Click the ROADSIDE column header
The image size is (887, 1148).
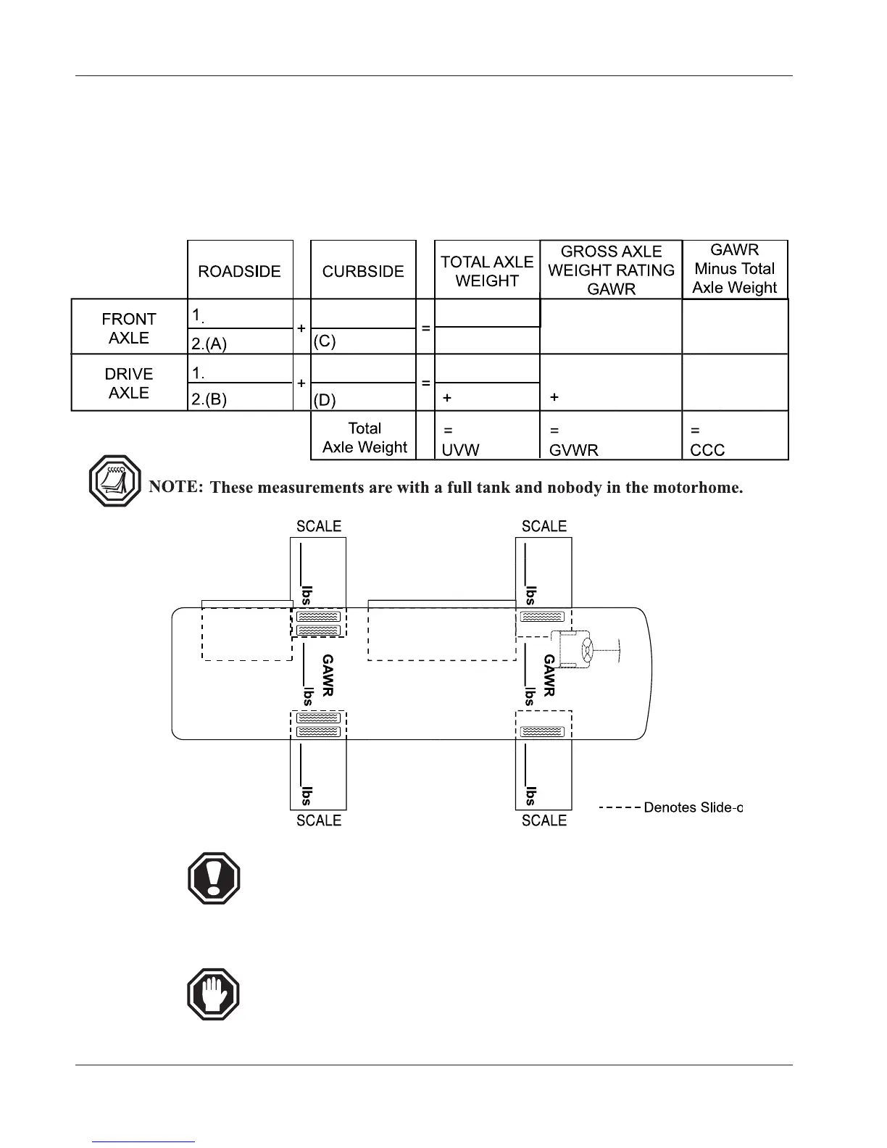click(x=239, y=271)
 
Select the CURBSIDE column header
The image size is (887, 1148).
click(x=363, y=271)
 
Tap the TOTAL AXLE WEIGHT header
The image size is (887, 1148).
click(x=487, y=271)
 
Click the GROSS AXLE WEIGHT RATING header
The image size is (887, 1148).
click(x=611, y=270)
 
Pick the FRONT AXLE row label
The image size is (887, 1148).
click(x=129, y=328)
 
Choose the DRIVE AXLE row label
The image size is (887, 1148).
click(x=129, y=383)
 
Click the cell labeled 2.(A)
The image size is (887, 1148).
click(x=209, y=344)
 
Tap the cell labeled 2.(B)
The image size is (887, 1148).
click(x=209, y=399)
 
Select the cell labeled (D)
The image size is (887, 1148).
click(x=325, y=399)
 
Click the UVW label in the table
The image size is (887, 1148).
click(x=461, y=449)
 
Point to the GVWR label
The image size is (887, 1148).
click(x=574, y=450)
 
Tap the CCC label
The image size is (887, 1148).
click(x=707, y=450)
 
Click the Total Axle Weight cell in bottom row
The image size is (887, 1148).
click(x=365, y=438)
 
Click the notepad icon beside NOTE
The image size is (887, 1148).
click(x=114, y=481)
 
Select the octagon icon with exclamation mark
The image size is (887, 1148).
click(x=214, y=878)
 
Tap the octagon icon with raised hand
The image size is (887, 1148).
click(x=214, y=994)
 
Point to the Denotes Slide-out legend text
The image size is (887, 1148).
click(x=693, y=807)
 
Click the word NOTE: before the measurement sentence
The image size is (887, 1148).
click(x=176, y=486)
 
